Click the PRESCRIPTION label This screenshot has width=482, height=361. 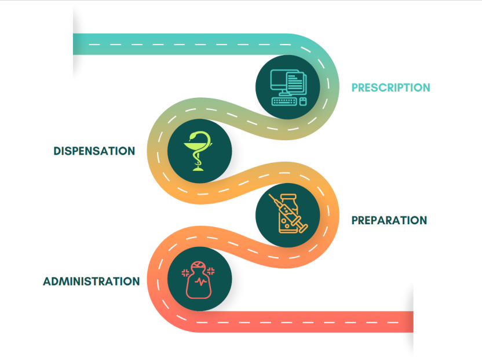pos(390,88)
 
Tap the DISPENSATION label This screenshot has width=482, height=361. pos(94,151)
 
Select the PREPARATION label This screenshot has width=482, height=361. pos(389,221)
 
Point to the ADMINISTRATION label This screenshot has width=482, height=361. pos(91,282)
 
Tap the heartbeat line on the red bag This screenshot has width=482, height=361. pos(199,283)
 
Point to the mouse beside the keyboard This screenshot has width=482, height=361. pos(301,102)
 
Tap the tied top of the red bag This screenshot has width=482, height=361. pos(199,267)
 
